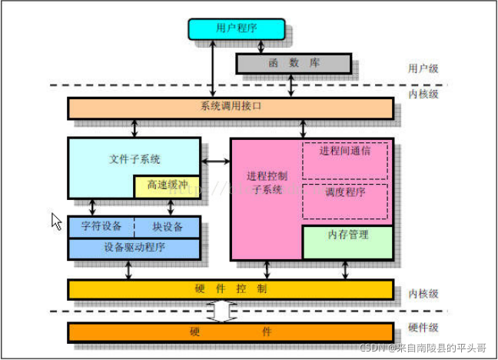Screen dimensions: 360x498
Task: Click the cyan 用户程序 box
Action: tap(237, 28)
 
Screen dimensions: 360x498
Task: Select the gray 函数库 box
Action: tap(293, 63)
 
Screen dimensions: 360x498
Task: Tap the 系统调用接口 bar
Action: tap(231, 108)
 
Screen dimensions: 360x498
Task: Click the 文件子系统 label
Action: tap(134, 159)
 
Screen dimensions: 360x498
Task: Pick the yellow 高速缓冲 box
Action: tap(167, 186)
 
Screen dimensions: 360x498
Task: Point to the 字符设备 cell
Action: tap(101, 227)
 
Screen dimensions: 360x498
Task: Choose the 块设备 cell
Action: tap(168, 227)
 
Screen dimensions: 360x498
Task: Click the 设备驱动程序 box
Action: tap(134, 248)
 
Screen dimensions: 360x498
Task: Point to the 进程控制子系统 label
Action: tap(265, 183)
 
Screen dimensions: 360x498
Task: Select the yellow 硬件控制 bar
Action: tap(231, 289)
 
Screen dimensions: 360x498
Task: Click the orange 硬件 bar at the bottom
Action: tap(231, 332)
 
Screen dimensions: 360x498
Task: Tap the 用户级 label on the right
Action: tap(423, 68)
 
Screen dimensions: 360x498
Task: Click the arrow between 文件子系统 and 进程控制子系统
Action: tap(216, 161)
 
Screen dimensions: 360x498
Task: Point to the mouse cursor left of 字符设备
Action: tap(56, 221)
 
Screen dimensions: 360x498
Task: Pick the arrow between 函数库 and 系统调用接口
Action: tap(291, 86)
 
